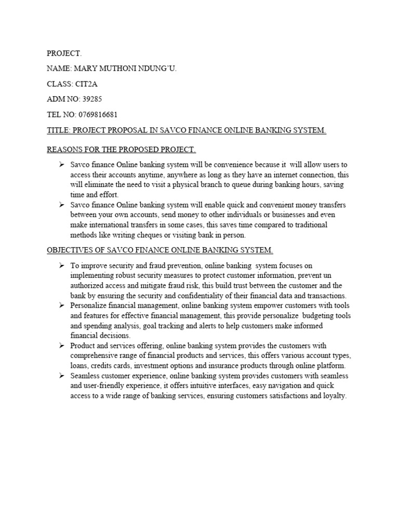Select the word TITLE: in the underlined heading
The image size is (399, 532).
point(59,130)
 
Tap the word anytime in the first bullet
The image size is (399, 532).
point(148,175)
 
